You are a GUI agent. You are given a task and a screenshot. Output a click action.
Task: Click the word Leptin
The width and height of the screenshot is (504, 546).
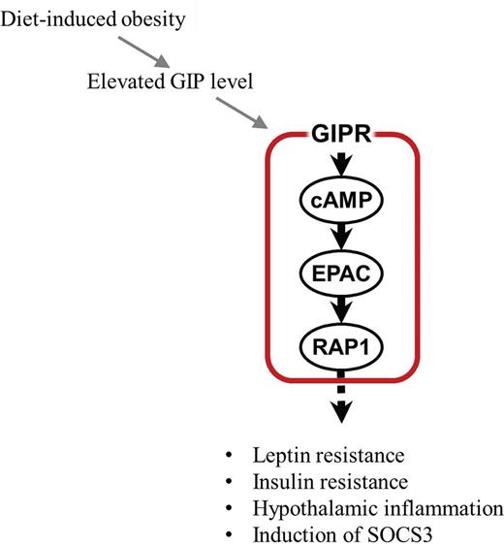coord(274,455)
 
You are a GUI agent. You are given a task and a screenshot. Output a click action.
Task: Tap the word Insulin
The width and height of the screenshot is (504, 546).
coord(276,482)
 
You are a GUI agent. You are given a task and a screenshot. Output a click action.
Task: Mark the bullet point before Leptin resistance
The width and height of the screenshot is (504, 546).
coord(229,456)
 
